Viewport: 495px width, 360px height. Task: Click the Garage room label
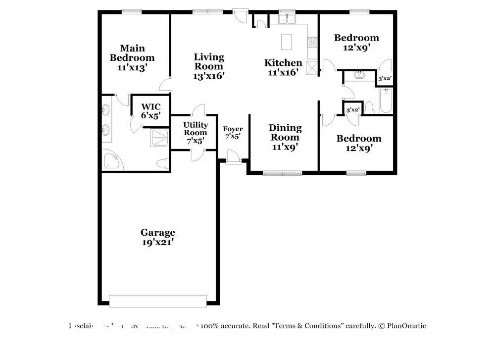[x=157, y=232]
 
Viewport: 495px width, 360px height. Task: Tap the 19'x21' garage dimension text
[x=157, y=243]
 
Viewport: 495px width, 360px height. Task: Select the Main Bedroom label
[x=132, y=53]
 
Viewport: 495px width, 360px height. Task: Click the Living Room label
[x=208, y=62]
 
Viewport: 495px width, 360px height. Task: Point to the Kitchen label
[x=283, y=63]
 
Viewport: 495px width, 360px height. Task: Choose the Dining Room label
[x=284, y=133]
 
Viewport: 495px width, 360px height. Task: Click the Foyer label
[x=233, y=129]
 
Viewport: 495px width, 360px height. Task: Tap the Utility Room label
[x=196, y=129]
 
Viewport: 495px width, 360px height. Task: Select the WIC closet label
[x=150, y=106]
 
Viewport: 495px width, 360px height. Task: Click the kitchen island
[x=287, y=42]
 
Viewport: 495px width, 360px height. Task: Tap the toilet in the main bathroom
[x=161, y=163]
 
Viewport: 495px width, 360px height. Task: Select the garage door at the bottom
[x=157, y=301]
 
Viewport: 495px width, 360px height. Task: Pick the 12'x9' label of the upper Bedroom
[x=356, y=48]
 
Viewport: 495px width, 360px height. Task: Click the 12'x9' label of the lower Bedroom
[x=359, y=148]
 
